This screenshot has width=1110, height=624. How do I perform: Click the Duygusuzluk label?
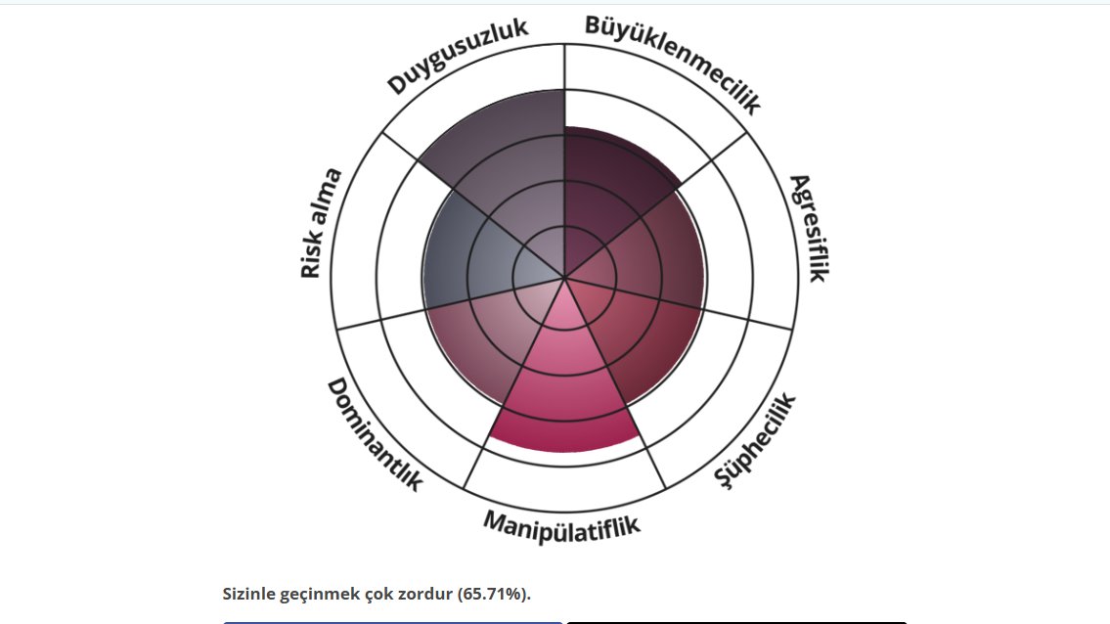pyautogui.click(x=458, y=57)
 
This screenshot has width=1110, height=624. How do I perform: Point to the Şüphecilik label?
pyautogui.click(x=755, y=441)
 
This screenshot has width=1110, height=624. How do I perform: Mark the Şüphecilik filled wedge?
pyautogui.click(x=636, y=342)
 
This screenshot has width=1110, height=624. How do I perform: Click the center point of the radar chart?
pyautogui.click(x=565, y=278)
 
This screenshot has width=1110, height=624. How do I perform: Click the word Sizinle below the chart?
pyautogui.click(x=251, y=593)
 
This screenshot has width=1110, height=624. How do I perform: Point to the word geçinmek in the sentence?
pyautogui.click(x=321, y=593)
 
